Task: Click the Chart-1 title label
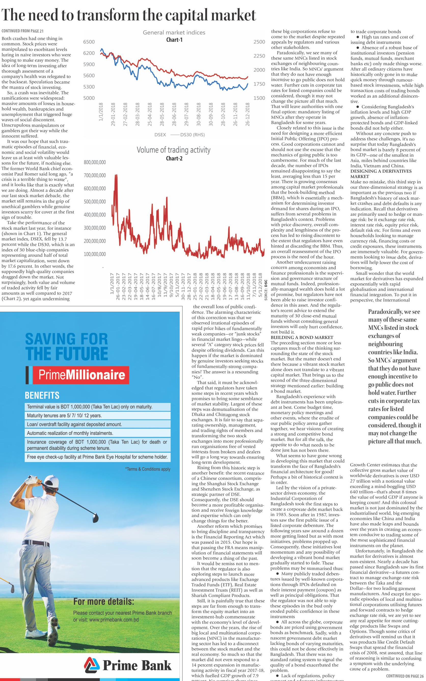coord(174,40)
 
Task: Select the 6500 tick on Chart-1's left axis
coord(89,42)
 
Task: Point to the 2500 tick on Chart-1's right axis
coord(259,42)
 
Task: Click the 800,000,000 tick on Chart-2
coord(95,162)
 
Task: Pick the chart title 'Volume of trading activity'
coord(174,150)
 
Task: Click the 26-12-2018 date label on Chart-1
coord(248,114)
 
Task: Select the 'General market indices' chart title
coord(174,32)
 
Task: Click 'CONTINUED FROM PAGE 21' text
coord(23,31)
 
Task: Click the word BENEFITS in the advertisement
coord(42,395)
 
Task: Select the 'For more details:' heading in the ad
coord(103,602)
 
